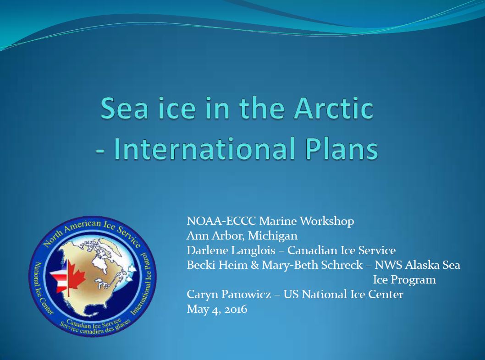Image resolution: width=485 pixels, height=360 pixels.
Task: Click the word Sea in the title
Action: point(124,108)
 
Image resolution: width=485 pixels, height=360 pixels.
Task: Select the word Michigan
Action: point(273,236)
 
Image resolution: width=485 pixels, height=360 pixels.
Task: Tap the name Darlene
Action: point(207,250)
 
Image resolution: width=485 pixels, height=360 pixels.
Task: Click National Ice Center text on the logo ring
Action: point(42,287)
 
